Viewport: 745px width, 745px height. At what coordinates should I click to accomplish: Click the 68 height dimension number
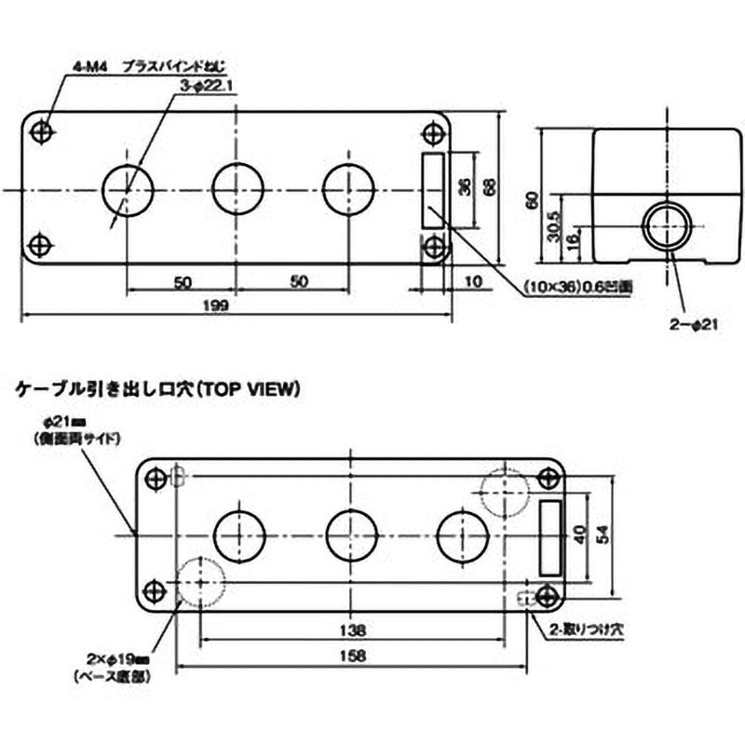coord(489,185)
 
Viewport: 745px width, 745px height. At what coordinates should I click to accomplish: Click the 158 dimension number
coord(352,654)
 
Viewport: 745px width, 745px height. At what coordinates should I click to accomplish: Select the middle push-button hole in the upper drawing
coord(237,188)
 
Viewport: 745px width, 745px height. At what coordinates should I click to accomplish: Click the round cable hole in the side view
coord(667,225)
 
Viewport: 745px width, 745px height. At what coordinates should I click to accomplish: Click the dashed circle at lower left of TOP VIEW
coord(199,581)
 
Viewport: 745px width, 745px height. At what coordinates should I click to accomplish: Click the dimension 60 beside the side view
coord(532,199)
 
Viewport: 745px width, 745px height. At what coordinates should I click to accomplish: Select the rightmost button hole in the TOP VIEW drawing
coord(462,535)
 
